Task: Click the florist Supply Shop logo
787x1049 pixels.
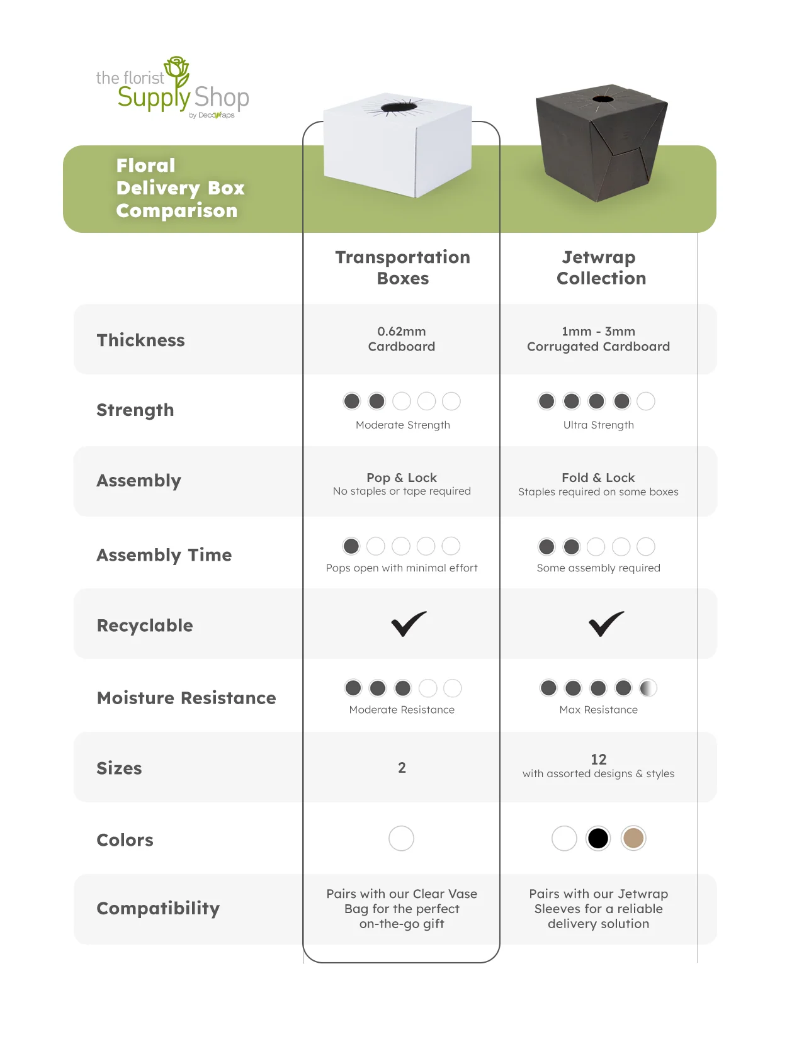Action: (x=173, y=89)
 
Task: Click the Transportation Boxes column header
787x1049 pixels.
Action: (x=402, y=267)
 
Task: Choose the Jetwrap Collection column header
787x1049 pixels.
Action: (x=601, y=267)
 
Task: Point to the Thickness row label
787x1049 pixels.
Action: (x=140, y=340)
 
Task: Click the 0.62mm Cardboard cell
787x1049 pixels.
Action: (x=402, y=339)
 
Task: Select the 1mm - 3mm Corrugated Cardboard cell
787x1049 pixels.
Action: (x=598, y=339)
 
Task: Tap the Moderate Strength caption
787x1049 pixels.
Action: (x=402, y=425)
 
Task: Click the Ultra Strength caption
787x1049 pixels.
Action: (x=598, y=425)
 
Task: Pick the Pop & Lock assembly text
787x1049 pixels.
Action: (x=402, y=478)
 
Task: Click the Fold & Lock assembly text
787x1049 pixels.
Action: (x=598, y=478)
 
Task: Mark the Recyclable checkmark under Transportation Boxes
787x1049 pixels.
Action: (x=409, y=624)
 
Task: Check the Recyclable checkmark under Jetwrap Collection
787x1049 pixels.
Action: (x=606, y=624)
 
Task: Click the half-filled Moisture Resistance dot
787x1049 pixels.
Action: (x=648, y=688)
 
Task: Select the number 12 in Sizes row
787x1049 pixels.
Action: (x=598, y=760)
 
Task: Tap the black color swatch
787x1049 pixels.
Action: (x=598, y=838)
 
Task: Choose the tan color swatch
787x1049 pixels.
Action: (x=633, y=838)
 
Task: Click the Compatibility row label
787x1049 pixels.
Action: (x=158, y=909)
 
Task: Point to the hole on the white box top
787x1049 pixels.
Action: (x=398, y=107)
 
